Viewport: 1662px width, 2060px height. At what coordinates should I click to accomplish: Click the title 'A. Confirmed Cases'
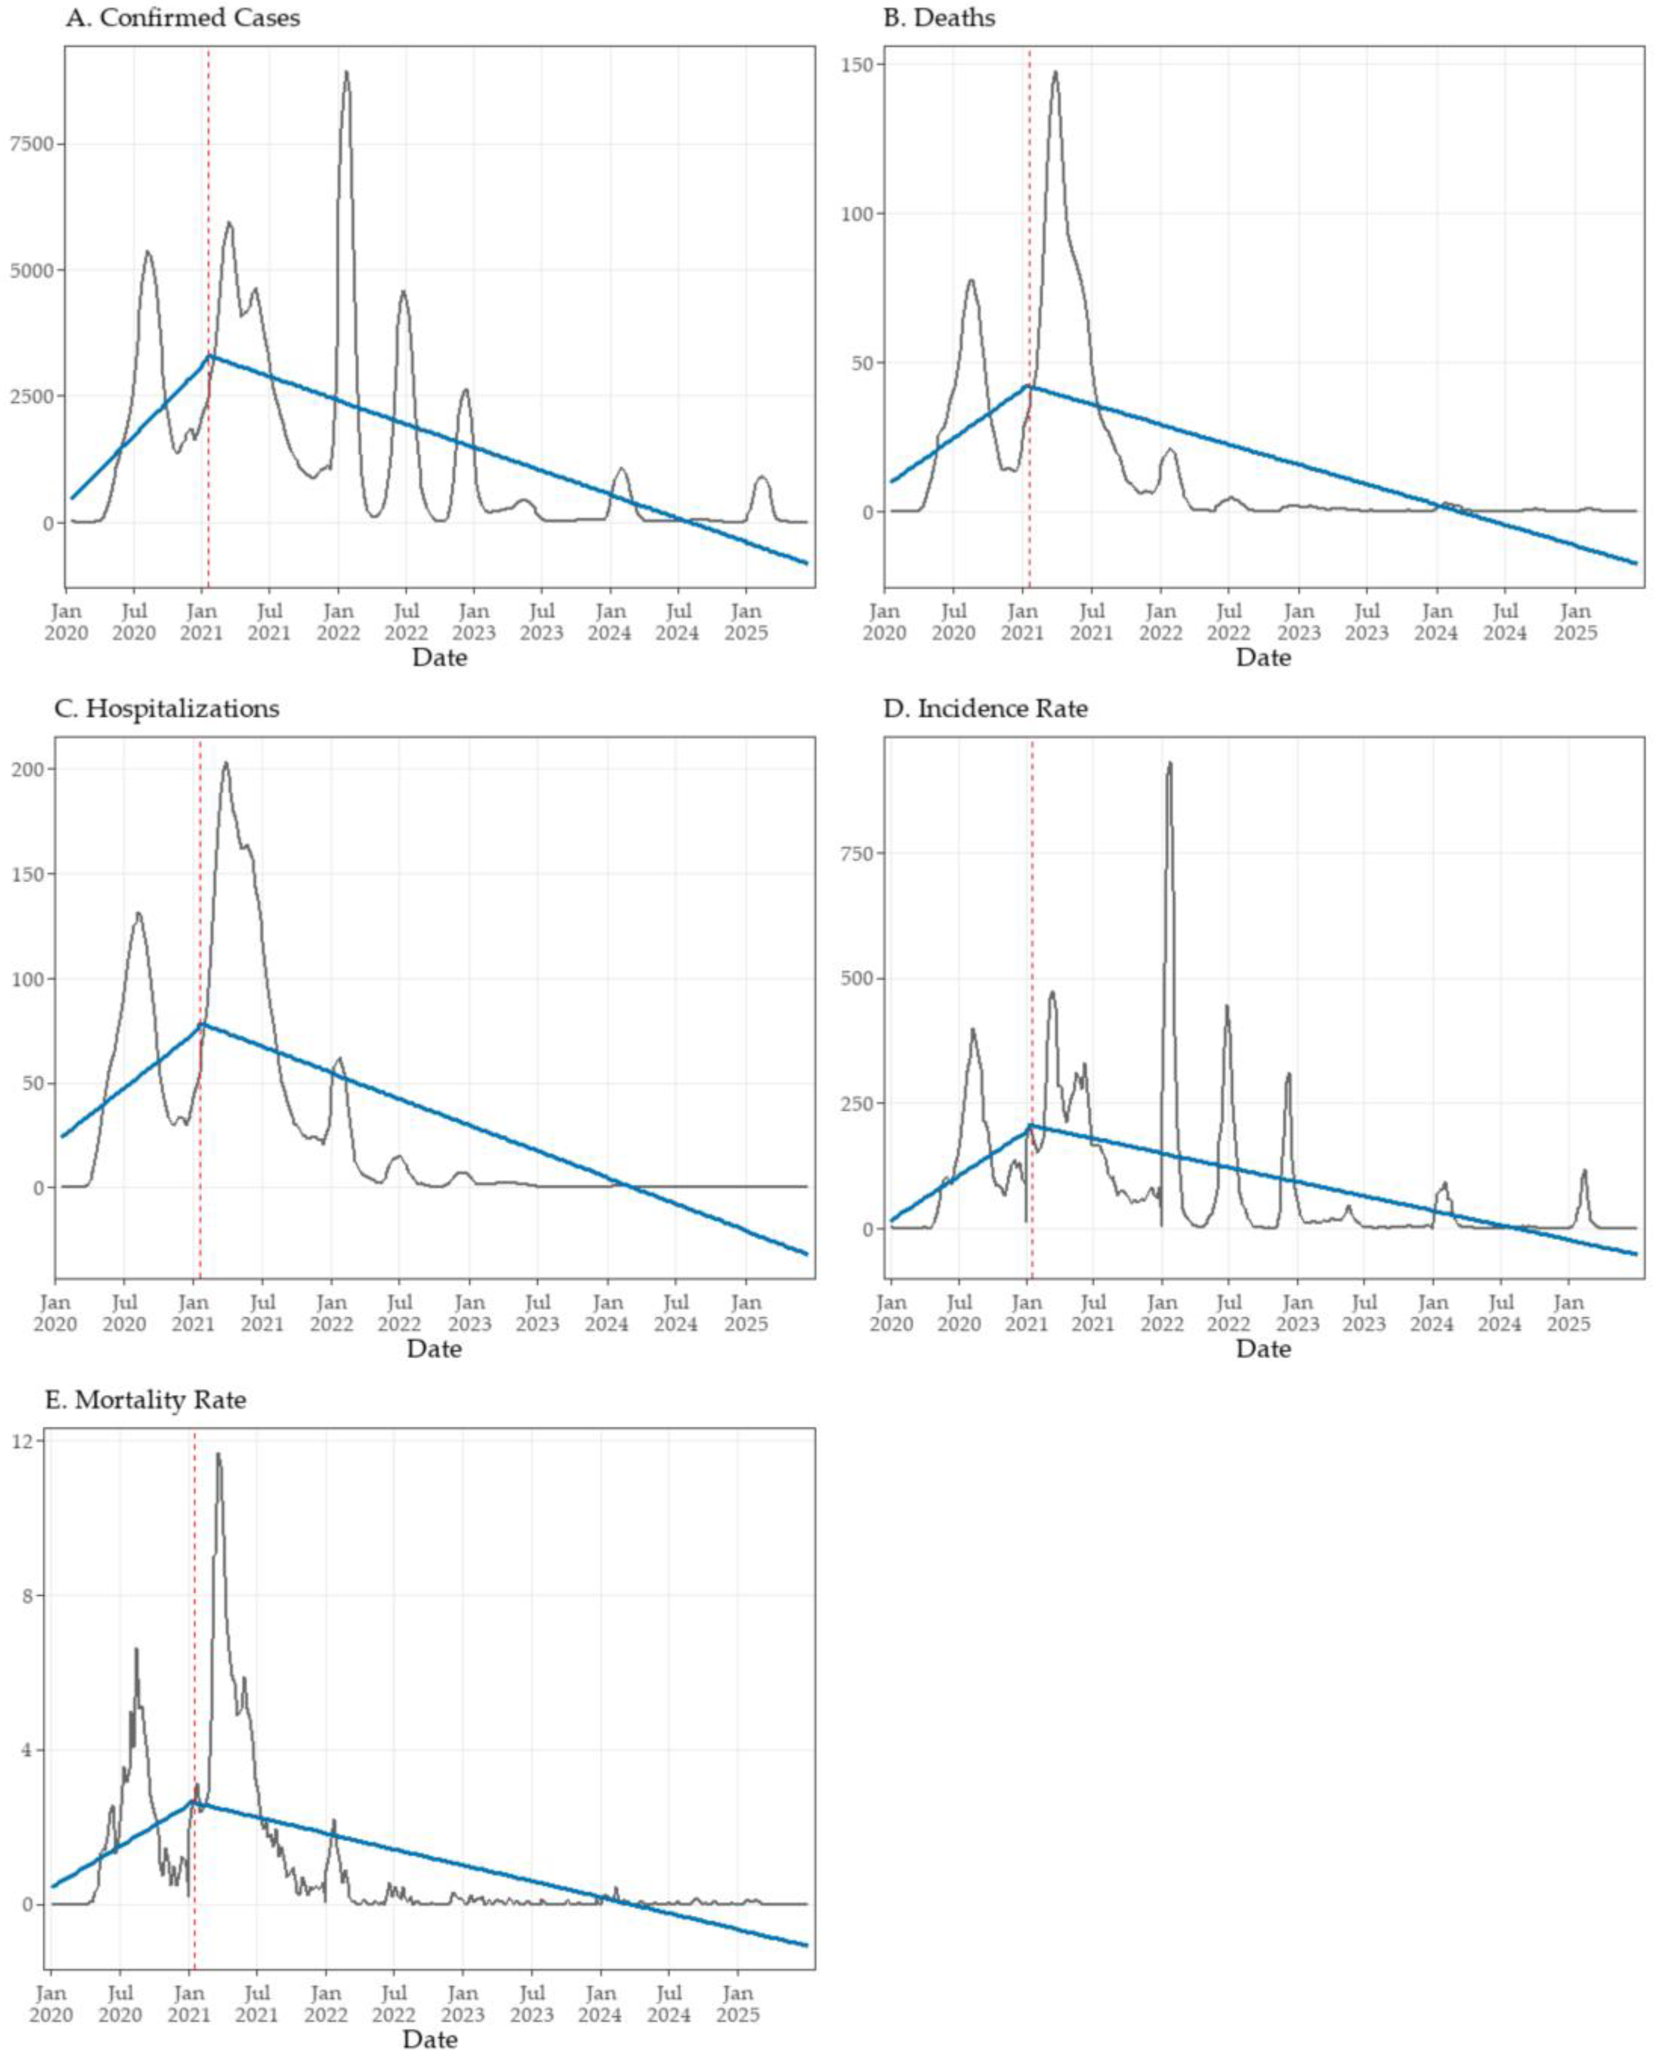(182, 18)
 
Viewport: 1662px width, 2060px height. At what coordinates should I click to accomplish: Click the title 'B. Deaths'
(938, 18)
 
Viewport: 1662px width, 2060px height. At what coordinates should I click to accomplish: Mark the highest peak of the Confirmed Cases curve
(347, 72)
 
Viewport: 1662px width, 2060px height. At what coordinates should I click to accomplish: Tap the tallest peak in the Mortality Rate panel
(218, 1454)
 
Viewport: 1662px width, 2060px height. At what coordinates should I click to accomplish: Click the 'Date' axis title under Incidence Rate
(1263, 1349)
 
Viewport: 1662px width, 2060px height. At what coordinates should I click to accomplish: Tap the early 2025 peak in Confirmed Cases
(762, 477)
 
